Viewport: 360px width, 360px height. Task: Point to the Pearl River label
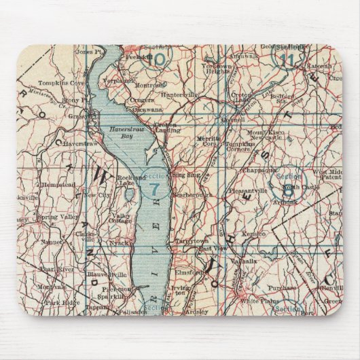[x=54, y=260]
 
